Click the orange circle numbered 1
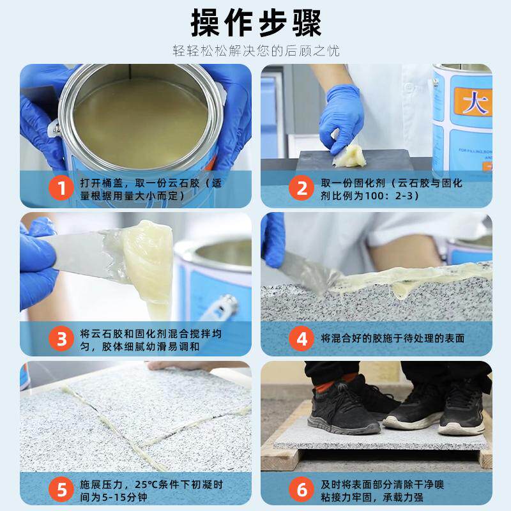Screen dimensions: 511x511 61,188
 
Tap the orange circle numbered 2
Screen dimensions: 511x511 301,188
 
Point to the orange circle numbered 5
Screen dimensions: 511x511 61,489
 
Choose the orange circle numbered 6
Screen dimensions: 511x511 301,489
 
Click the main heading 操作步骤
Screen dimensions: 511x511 256,23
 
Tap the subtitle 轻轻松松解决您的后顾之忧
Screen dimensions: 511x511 256,51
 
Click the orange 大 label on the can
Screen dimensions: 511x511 473,102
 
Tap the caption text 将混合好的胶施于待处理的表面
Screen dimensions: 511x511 393,339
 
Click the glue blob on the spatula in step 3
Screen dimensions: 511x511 148,261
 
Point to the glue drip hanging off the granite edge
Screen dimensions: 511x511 402,289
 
